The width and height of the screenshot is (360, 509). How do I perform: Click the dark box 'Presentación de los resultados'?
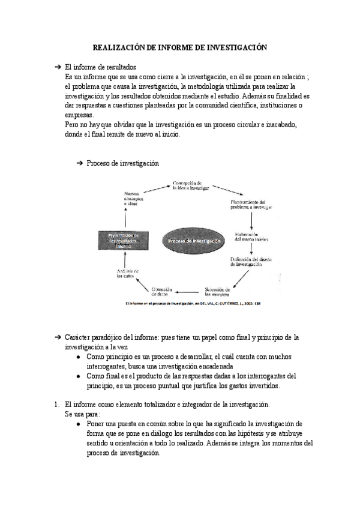pos(124,240)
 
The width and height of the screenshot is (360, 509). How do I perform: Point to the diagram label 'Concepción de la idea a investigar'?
pos(191,185)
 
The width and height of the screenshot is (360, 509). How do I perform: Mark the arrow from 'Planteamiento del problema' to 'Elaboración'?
pos(250,220)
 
